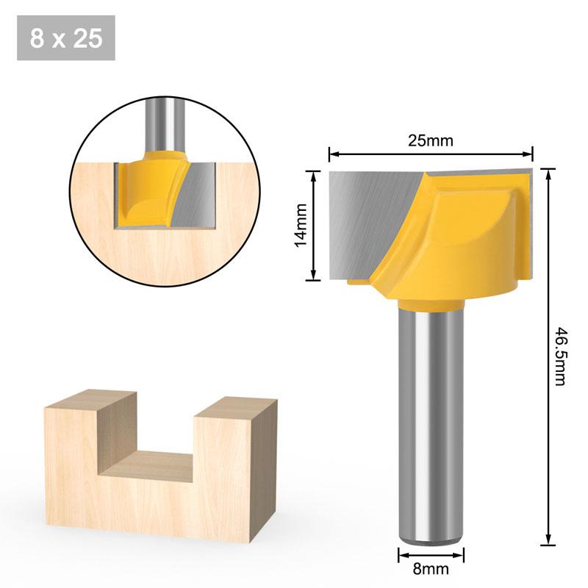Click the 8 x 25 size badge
pos(66,38)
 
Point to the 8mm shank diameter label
pos(431,568)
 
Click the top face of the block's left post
pos(92,403)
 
